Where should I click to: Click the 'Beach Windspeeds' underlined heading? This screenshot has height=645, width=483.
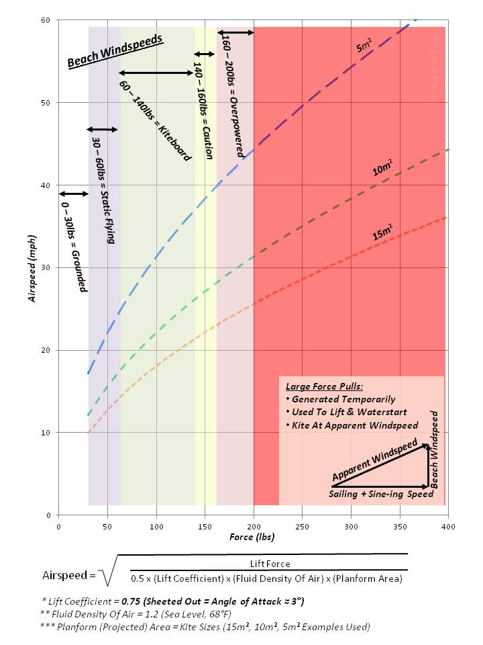tap(115, 52)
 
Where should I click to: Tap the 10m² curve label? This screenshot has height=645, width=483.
tap(383, 169)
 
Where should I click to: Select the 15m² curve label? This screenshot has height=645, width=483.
tap(383, 234)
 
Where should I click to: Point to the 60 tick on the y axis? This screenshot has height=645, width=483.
tap(47, 20)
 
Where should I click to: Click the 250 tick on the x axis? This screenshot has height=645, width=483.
tap(303, 525)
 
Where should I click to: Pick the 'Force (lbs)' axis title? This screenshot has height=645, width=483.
tap(252, 537)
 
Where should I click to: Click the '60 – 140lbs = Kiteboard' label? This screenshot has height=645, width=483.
tap(156, 121)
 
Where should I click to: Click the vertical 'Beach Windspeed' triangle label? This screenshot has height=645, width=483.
tap(435, 449)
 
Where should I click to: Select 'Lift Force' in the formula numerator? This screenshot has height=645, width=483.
tap(270, 564)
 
